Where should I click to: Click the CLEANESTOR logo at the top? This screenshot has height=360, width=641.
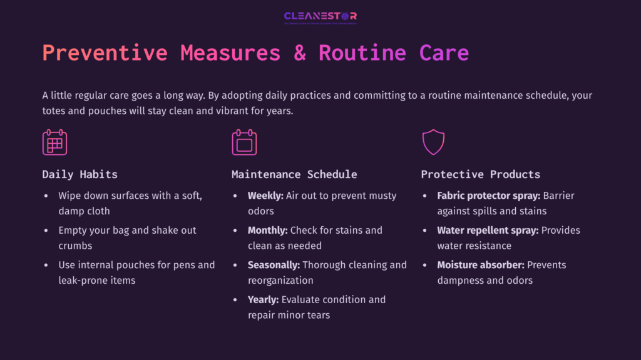320,17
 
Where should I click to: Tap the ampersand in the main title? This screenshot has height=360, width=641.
299,52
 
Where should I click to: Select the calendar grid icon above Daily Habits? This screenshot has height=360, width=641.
54,142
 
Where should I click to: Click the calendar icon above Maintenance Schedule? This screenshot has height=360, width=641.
244,142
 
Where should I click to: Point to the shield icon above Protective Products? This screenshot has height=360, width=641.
433,142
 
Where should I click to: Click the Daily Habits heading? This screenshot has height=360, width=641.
79,174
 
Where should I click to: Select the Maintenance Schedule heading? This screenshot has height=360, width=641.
294,174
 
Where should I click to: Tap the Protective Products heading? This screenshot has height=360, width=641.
480,174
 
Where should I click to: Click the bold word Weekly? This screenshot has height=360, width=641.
265,196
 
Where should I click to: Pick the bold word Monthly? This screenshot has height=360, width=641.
267,230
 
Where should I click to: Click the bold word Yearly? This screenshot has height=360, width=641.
263,299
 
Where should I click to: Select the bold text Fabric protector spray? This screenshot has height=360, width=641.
488,196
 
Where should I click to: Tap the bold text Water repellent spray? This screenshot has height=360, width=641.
488,230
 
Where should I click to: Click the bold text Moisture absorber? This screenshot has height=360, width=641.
479,265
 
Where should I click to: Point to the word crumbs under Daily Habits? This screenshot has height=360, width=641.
75,246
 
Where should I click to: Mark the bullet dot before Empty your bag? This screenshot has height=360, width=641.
46,231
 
